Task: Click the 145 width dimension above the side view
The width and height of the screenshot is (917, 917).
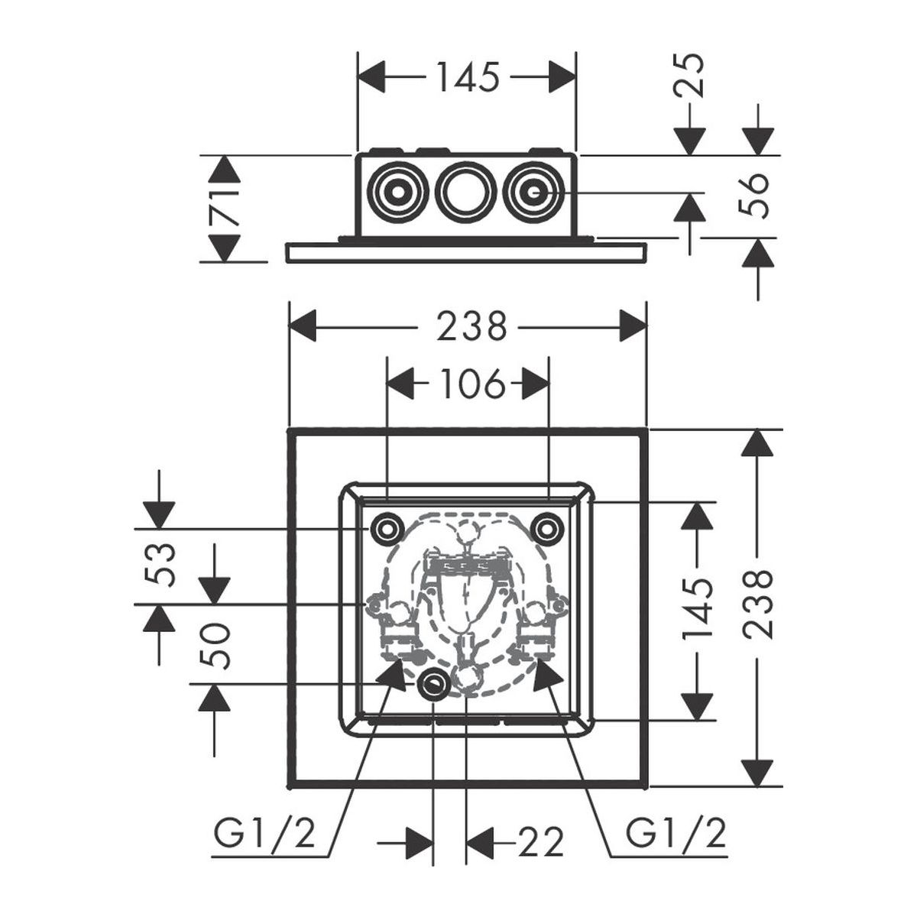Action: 467,76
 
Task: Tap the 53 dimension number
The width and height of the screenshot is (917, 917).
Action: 160,564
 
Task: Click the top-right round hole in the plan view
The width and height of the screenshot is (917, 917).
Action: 546,527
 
